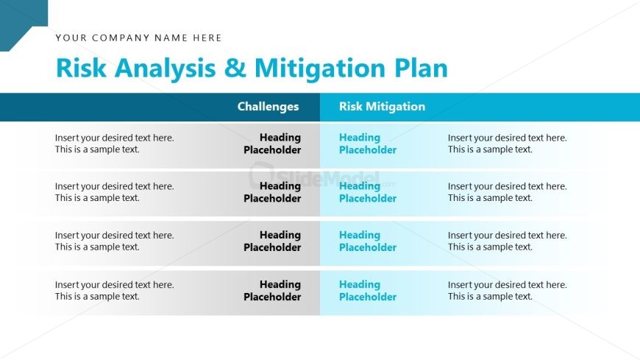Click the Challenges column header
tap(269, 107)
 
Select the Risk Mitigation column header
tap(382, 107)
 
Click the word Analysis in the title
tap(165, 68)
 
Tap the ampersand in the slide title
tap(235, 68)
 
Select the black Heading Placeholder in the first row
tap(272, 144)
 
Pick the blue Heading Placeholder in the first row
tap(368, 144)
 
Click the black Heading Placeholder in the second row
tap(272, 192)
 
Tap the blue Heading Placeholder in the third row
tap(368, 241)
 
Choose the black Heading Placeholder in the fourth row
tap(272, 291)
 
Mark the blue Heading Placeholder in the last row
tap(368, 291)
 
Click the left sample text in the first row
tap(115, 144)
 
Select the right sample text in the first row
tap(508, 144)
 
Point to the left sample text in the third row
tap(115, 241)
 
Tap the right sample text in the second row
tap(508, 192)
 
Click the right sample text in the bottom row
tap(508, 291)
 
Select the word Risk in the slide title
tap(81, 68)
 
